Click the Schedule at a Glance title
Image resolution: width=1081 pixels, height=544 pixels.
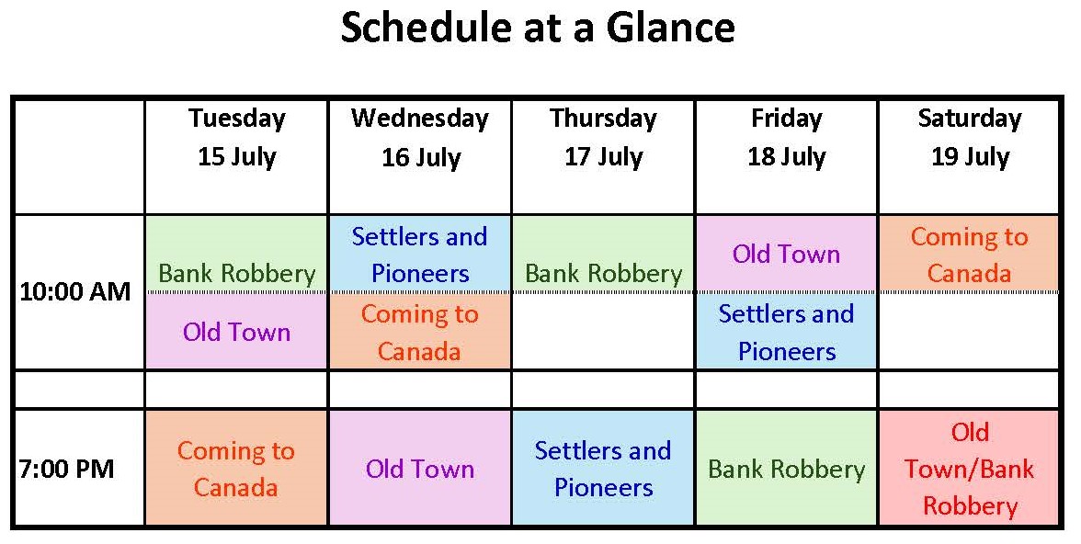pos(538,28)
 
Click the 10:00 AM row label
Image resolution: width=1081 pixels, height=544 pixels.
pos(75,291)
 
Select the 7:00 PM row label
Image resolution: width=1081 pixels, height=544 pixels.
pos(67,469)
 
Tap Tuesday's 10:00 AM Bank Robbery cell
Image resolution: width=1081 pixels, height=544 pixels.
pos(236,254)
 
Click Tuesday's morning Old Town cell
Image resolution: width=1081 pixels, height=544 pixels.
pos(236,331)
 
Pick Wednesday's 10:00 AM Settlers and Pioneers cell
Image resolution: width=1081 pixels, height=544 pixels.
pos(420,254)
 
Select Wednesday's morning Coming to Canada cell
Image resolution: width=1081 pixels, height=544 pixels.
pos(420,331)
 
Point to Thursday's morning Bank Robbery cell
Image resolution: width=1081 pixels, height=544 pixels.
pos(603,254)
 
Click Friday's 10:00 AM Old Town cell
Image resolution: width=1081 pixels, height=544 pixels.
pos(787,254)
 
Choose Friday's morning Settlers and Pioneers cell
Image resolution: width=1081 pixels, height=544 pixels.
pos(787,331)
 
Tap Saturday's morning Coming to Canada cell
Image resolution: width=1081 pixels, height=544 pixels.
pos(969,254)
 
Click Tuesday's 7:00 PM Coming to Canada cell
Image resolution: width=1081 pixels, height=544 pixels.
pos(236,468)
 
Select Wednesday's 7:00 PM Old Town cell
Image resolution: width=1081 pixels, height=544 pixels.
pos(420,468)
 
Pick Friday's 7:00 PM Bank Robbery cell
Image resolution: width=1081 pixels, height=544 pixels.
pos(787,468)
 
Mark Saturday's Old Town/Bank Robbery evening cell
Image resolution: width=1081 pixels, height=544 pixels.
pos(969,468)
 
